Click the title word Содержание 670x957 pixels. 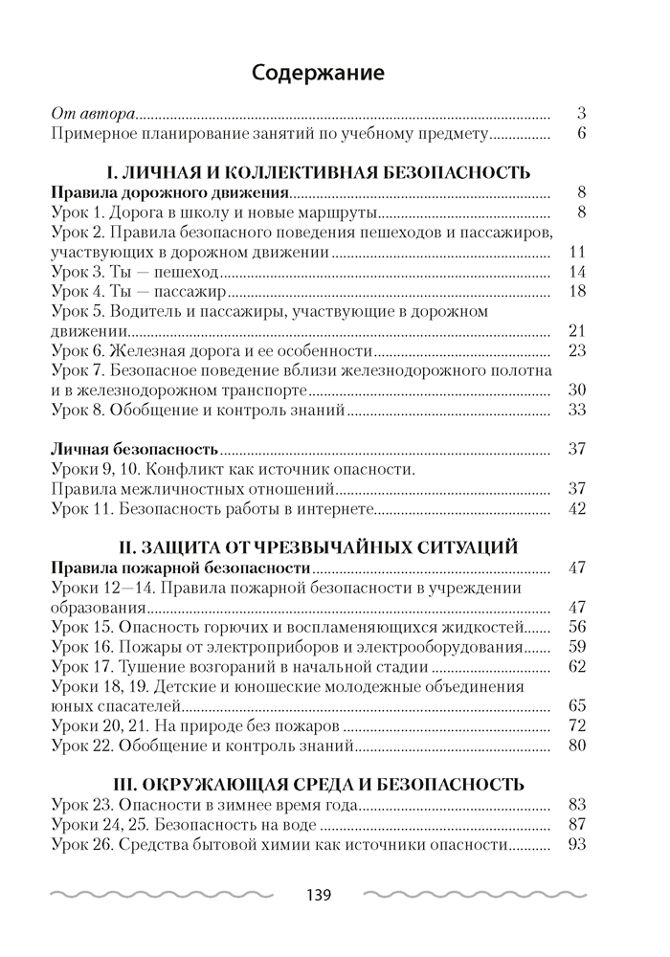318,72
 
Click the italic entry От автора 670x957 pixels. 94,112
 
